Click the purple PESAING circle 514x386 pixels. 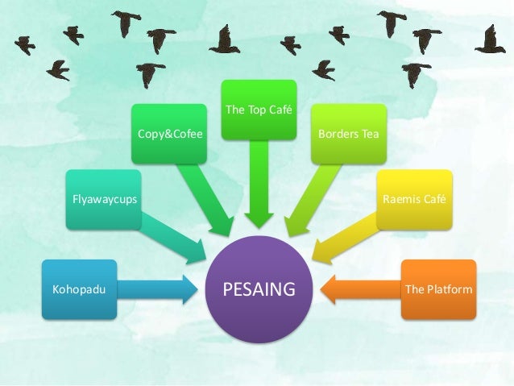[x=259, y=288]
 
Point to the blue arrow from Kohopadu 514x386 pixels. [x=157, y=288]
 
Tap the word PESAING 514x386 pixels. [x=259, y=288]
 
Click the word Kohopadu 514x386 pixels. [x=73, y=288]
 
